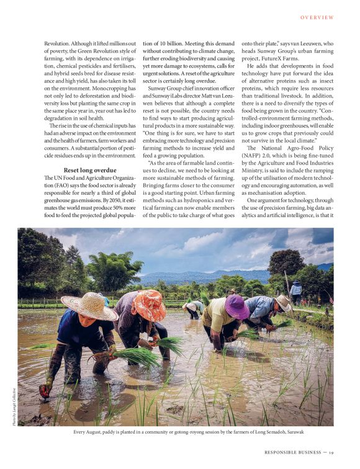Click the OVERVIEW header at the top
pos(317,17)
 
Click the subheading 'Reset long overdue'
pos(90,169)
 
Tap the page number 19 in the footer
pos(333,452)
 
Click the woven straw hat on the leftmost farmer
pos(89,306)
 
